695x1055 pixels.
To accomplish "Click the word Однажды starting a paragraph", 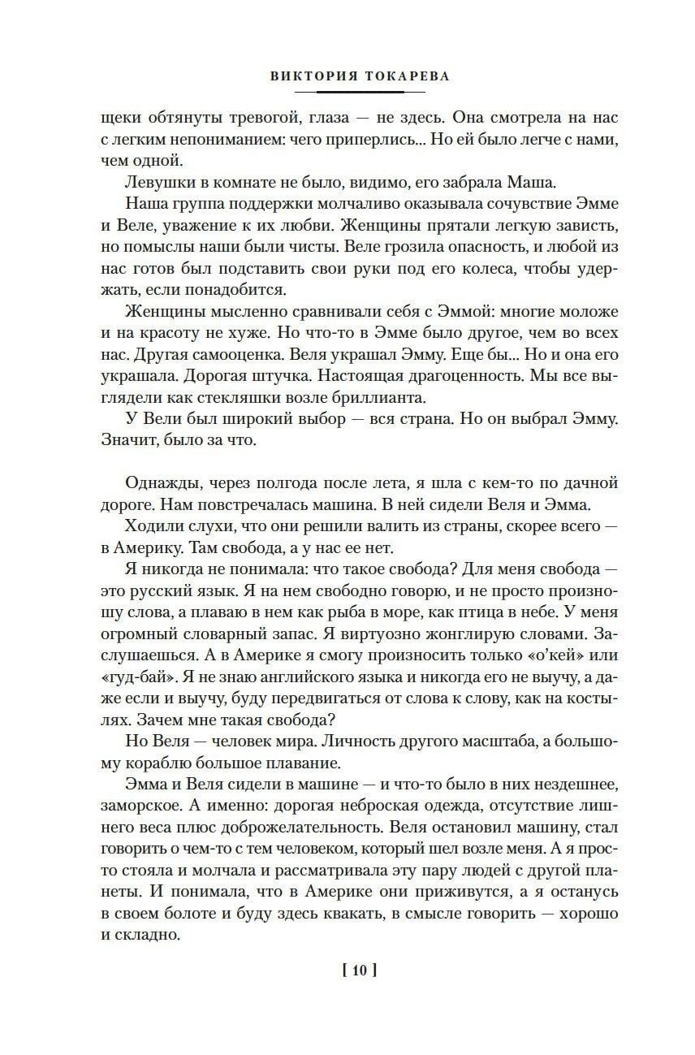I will [x=161, y=482].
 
